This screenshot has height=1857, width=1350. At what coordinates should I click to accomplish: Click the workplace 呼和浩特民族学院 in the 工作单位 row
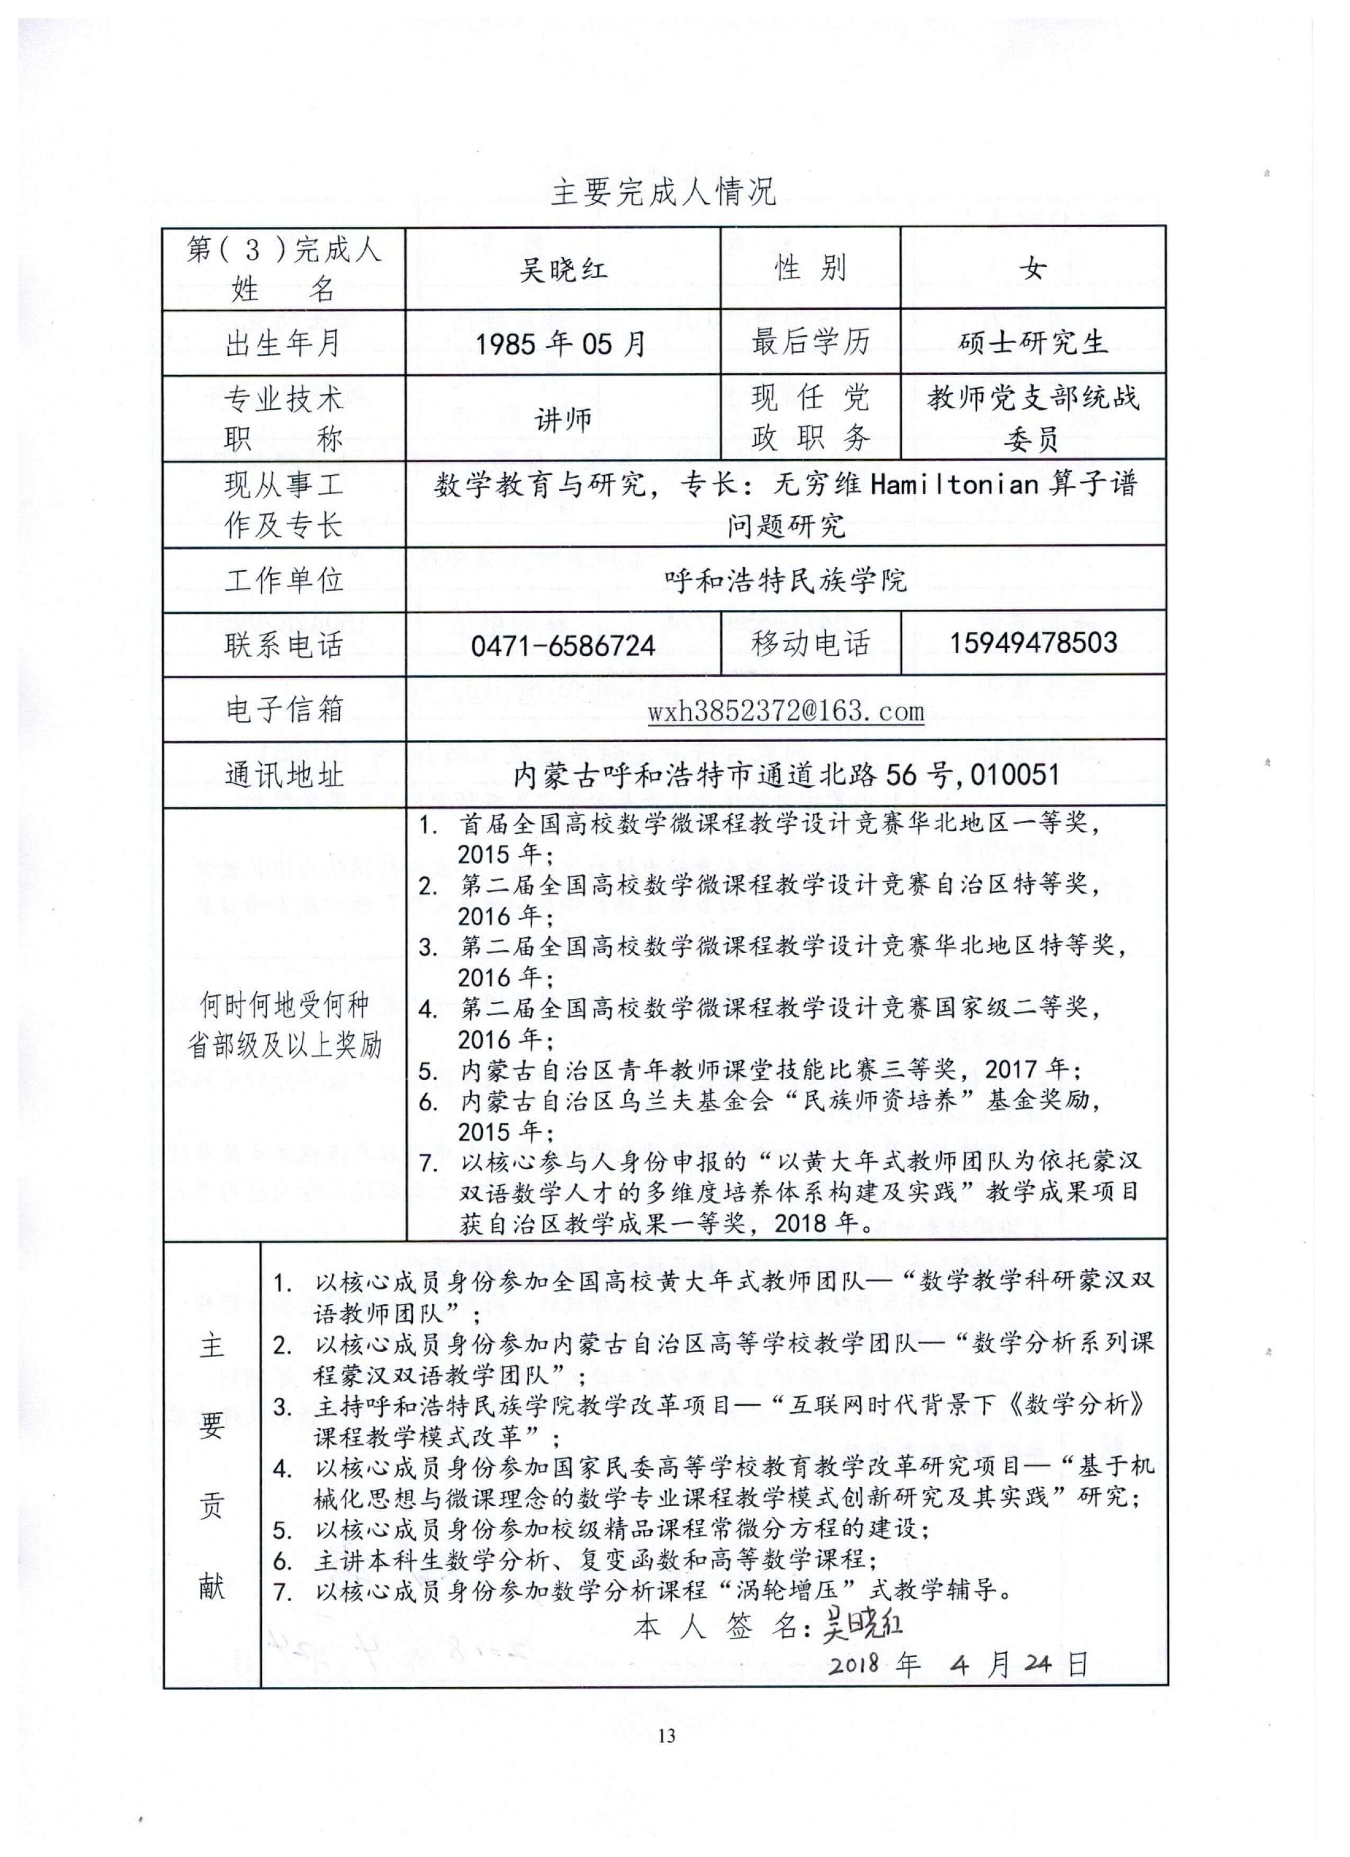pyautogui.click(x=785, y=580)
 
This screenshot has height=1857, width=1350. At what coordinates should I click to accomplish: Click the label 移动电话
pyautogui.click(x=811, y=645)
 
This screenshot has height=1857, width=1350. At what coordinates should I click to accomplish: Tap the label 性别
pyautogui.click(x=811, y=268)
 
